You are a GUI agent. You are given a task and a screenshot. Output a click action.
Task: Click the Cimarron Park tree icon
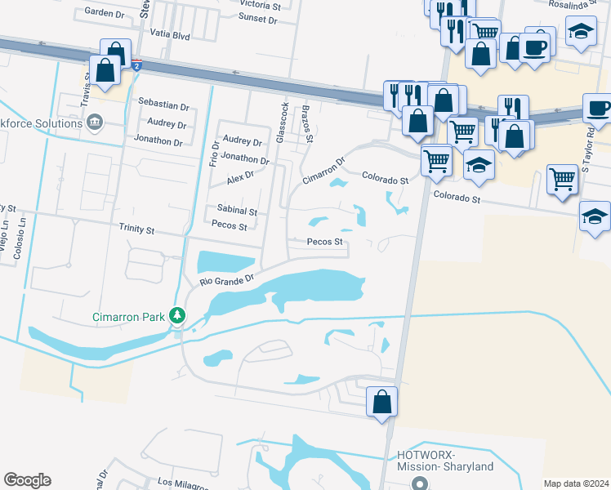[x=176, y=316]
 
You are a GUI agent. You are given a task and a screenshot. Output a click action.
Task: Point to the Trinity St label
[x=136, y=230]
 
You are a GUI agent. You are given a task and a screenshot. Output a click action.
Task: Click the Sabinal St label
[x=237, y=211]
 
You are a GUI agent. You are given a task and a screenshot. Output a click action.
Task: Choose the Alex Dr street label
[x=241, y=176]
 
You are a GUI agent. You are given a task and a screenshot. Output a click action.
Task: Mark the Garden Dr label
[x=103, y=13]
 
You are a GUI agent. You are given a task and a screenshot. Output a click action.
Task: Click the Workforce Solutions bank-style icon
[x=95, y=122]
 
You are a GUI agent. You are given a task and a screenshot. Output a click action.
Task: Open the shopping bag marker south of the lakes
[x=381, y=402]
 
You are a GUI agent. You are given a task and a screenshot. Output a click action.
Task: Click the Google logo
[x=27, y=480]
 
